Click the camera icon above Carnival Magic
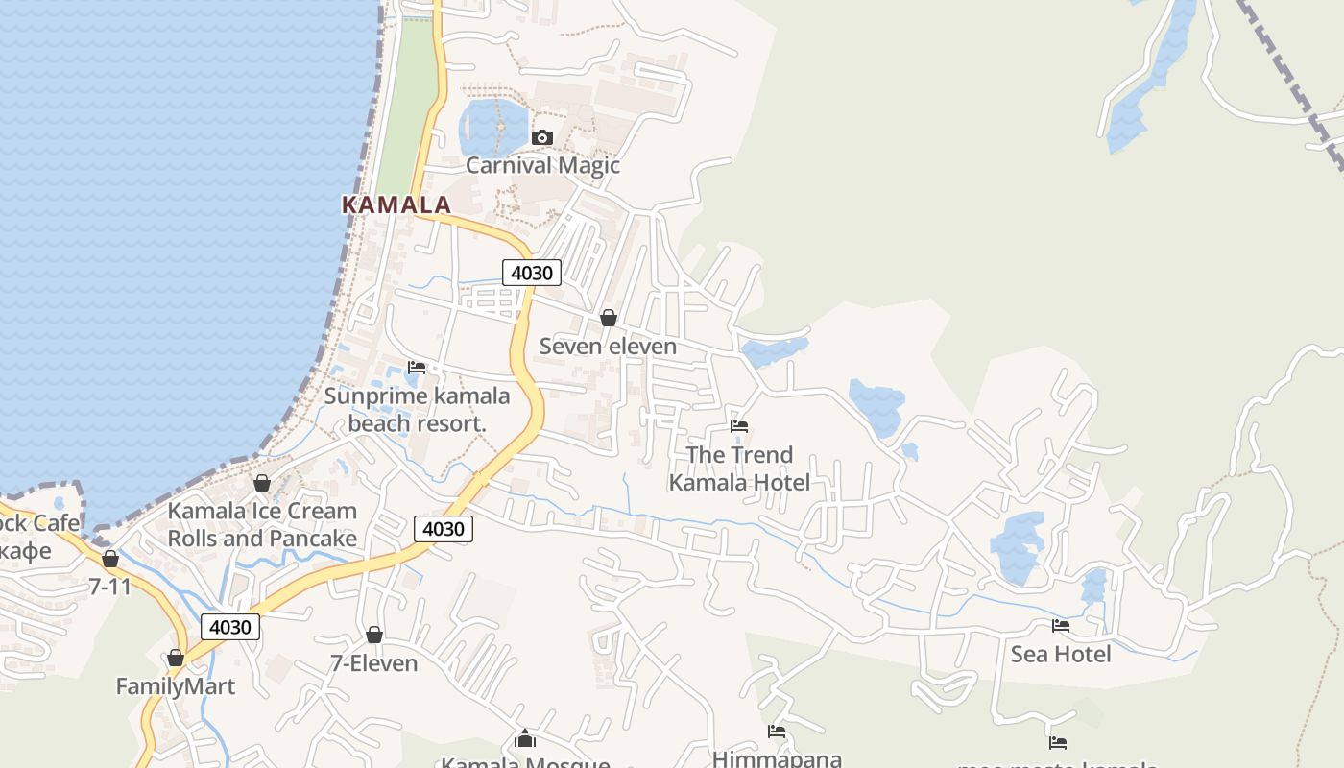[542, 137]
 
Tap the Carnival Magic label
[542, 165]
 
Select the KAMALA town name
[396, 204]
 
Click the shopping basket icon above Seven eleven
[608, 318]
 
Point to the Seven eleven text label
[608, 346]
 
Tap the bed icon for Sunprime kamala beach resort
[417, 368]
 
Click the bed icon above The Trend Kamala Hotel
[738, 426]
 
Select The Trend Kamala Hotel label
[739, 468]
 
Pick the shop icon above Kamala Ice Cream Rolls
[261, 483]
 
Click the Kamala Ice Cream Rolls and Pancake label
[262, 524]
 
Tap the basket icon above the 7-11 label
[110, 559]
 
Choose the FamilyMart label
[175, 686]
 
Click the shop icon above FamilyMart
[175, 658]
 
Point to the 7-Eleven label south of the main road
[373, 663]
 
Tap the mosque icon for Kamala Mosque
[524, 738]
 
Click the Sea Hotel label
[1060, 654]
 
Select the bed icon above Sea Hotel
[1060, 626]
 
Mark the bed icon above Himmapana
[777, 732]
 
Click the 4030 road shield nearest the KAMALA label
[531, 273]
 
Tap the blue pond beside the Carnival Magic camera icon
[492, 127]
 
